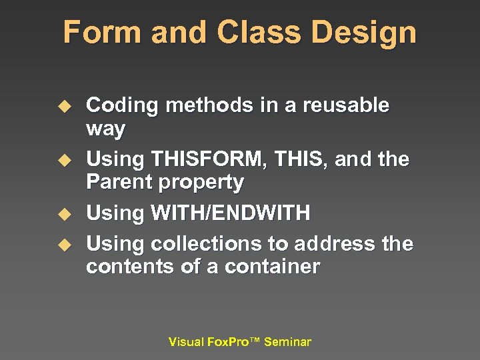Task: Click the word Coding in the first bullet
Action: point(122,105)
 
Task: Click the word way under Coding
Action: point(106,129)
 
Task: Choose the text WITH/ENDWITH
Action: point(231,213)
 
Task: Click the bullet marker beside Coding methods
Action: point(64,106)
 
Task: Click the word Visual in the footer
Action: point(186,342)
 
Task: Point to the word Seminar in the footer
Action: point(287,342)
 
